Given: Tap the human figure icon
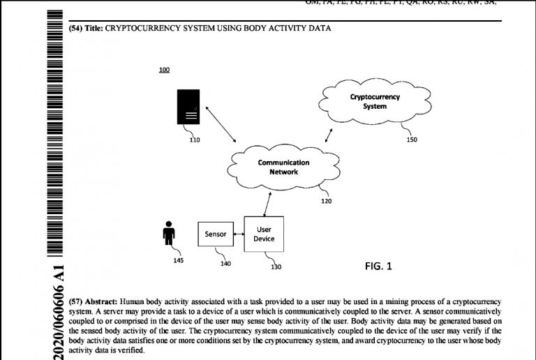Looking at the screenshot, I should click(x=168, y=233).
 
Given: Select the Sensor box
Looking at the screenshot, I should click(x=216, y=234).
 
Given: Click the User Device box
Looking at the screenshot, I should click(x=264, y=234).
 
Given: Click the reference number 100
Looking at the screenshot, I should click(x=165, y=70).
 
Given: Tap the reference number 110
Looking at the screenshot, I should click(x=194, y=140).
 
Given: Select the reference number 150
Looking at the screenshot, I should click(x=412, y=140).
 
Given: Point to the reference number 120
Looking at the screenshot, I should click(x=326, y=201).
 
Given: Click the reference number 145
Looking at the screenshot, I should click(x=178, y=260).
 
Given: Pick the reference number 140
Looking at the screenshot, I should click(x=225, y=263).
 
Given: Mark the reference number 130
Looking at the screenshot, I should click(x=276, y=266).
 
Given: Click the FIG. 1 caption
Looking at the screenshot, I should click(x=379, y=266).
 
